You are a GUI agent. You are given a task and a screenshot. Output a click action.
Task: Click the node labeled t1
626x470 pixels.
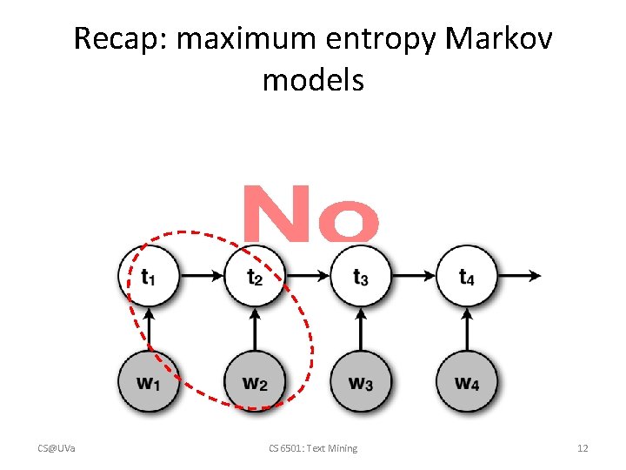click(x=149, y=276)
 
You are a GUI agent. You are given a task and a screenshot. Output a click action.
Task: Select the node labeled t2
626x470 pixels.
click(x=255, y=276)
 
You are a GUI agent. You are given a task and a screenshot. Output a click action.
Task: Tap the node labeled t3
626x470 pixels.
click(x=361, y=276)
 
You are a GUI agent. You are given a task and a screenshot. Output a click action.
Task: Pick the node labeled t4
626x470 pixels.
click(x=467, y=276)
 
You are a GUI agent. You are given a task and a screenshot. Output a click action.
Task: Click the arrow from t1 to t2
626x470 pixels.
click(x=202, y=276)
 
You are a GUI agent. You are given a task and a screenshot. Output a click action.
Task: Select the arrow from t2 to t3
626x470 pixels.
click(x=308, y=276)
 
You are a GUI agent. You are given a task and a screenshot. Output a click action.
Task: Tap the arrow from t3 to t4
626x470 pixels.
click(x=414, y=276)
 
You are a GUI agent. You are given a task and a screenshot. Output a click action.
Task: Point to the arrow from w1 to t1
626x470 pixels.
click(x=149, y=329)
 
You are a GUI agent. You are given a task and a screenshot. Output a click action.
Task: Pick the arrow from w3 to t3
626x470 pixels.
click(x=361, y=329)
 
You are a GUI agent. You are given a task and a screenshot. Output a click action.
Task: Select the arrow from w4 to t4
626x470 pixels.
click(x=467, y=329)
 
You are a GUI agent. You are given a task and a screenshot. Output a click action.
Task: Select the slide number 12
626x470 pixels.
click(x=583, y=448)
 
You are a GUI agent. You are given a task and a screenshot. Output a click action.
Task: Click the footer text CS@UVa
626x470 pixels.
click(x=57, y=448)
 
